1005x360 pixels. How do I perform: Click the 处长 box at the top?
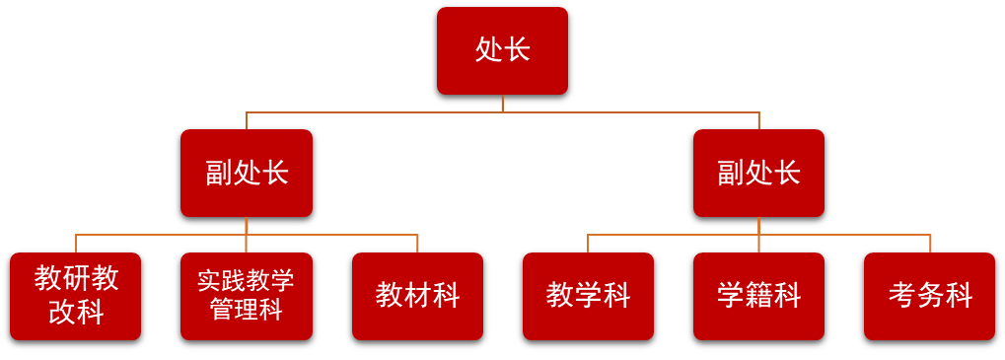pos(502,50)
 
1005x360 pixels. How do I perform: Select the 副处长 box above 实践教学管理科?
pos(247,173)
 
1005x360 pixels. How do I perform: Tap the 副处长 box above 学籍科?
pos(758,173)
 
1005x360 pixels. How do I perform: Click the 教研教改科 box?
pos(76,296)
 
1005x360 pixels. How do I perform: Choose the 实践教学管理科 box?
pos(247,296)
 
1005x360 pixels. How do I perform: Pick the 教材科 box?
pos(417,296)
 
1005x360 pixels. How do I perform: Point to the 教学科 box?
pos(588,296)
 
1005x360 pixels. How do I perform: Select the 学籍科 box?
pos(758,296)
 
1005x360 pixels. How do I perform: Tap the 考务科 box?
pos(929,296)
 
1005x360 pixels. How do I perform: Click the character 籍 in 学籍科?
pos(759,295)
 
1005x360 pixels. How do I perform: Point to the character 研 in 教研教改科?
pos(77,279)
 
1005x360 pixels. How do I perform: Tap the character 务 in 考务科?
pos(930,295)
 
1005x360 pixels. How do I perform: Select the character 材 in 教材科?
pos(418,295)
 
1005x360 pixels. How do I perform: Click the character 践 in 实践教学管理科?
pos(234,281)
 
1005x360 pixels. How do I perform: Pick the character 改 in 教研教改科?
pos(62,313)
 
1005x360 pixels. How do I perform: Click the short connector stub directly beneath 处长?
pos(503,103)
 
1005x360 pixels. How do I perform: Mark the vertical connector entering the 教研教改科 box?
pos(76,244)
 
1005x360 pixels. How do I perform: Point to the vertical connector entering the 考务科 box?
pos(930,244)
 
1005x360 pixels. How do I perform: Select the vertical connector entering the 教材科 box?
pos(417,244)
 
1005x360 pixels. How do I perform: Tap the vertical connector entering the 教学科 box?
pos(588,244)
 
